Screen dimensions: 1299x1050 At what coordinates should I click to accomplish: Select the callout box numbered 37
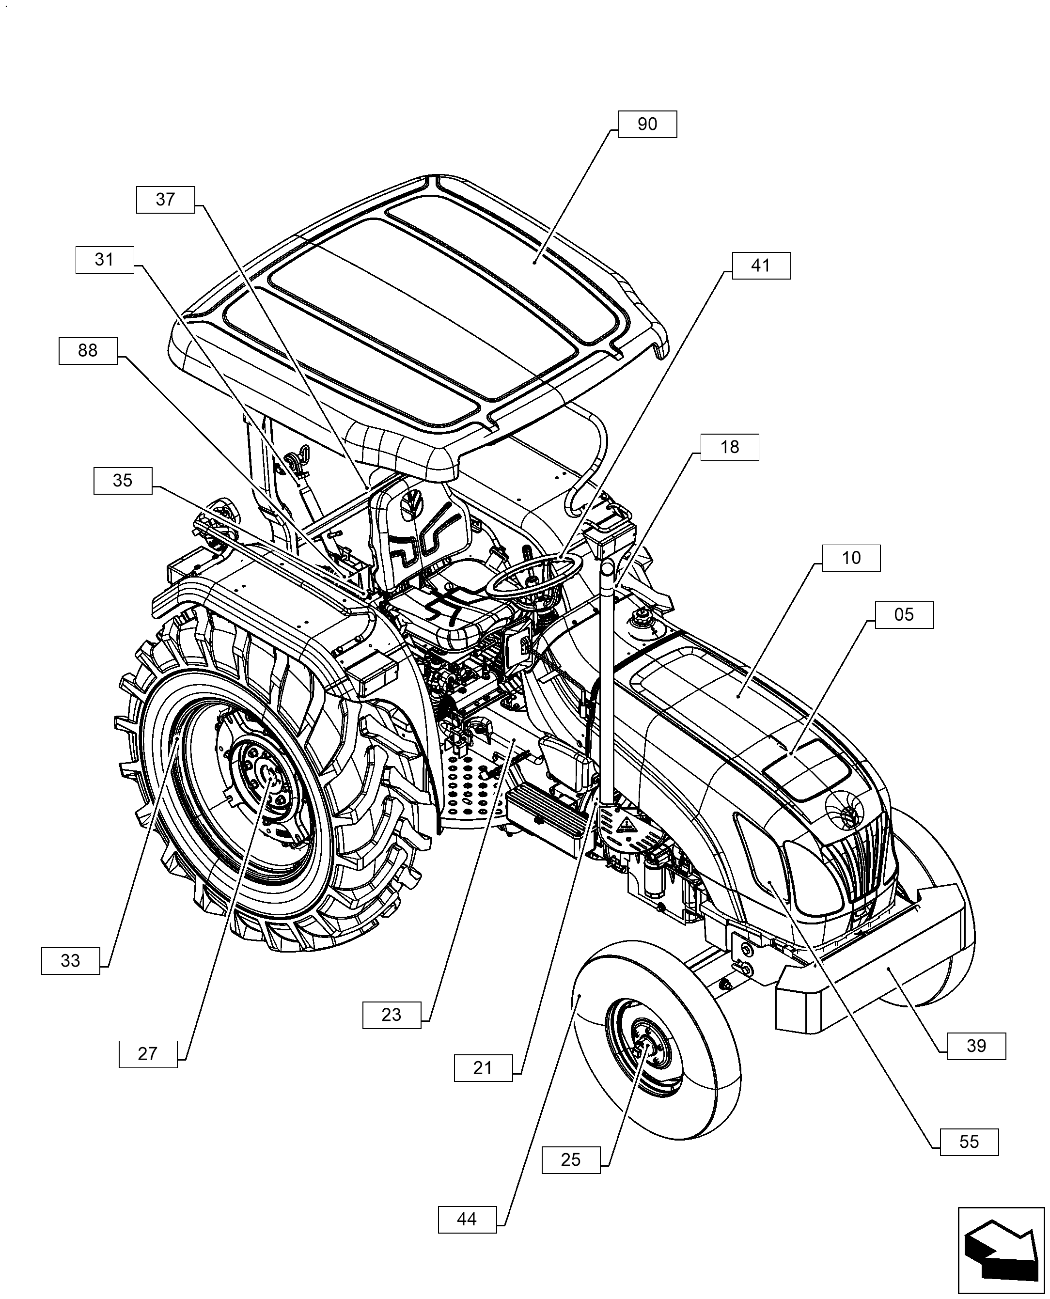[x=165, y=200]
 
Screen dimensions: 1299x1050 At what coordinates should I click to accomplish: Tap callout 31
[x=104, y=260]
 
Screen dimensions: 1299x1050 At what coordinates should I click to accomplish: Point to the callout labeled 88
[x=88, y=351]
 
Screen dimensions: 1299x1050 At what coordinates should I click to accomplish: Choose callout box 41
[x=760, y=266]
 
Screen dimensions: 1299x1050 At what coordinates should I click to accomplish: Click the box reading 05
[x=903, y=615]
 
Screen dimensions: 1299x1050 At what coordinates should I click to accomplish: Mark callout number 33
[x=70, y=960]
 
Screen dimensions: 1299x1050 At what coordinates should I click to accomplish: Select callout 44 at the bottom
[x=466, y=1219]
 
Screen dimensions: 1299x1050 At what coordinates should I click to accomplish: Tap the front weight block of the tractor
[x=871, y=968]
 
